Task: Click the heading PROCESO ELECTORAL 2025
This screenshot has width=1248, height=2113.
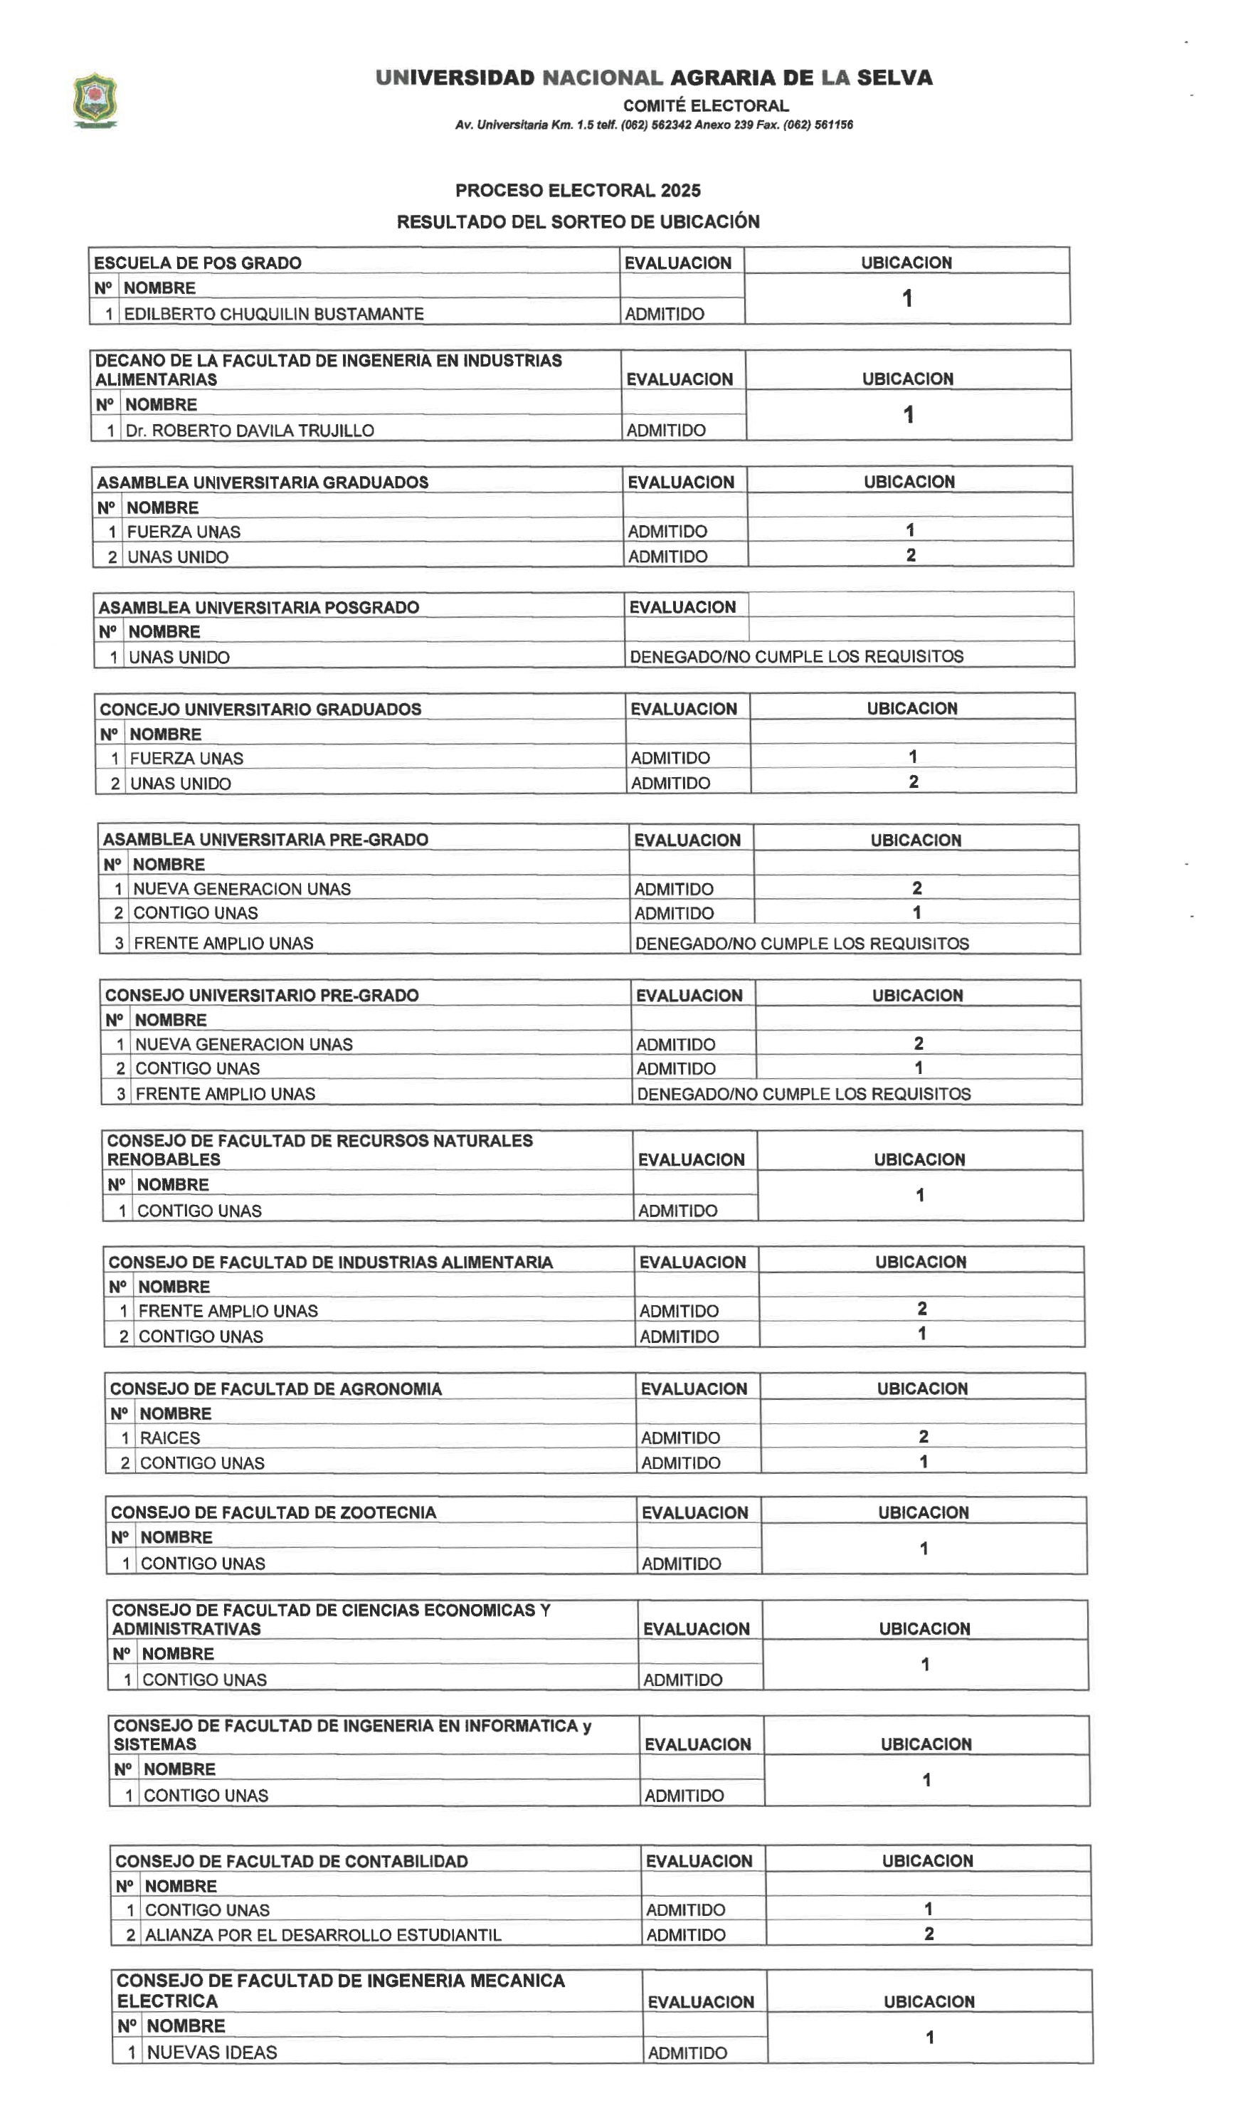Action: [x=578, y=190]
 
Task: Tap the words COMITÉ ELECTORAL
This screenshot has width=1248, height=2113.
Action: [x=706, y=105]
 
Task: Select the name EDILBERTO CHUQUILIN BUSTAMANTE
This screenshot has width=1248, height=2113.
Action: [x=273, y=314]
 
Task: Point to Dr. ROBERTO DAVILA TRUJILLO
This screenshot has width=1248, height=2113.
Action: [x=250, y=430]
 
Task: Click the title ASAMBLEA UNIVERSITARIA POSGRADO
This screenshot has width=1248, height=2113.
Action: [x=258, y=607]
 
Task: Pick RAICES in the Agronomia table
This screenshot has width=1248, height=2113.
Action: [x=170, y=1438]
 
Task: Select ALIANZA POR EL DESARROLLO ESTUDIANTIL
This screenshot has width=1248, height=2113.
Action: [x=323, y=1934]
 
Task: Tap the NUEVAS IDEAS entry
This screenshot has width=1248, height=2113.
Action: [x=212, y=2053]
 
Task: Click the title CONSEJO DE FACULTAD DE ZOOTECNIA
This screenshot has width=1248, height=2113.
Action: [x=273, y=1512]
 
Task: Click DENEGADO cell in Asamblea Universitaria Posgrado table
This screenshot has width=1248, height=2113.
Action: [x=795, y=656]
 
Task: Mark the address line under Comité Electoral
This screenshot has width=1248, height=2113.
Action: [x=653, y=125]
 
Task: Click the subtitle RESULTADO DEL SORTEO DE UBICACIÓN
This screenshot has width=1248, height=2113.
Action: [x=578, y=221]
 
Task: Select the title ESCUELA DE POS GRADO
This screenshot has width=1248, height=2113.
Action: [x=197, y=263]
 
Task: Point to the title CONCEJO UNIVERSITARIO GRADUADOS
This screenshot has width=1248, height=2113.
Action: [x=260, y=709]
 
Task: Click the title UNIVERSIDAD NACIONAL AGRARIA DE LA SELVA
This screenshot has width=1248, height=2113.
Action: [x=653, y=78]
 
